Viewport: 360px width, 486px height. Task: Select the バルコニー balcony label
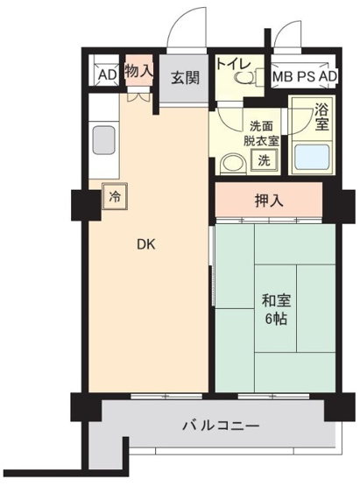pos(220,426)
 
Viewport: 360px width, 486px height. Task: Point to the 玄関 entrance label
pos(185,77)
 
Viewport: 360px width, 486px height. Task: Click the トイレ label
pos(234,64)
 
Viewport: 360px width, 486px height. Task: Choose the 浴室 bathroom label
pos(322,116)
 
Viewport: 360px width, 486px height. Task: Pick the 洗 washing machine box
pos(262,160)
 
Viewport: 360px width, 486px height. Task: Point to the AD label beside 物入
pos(107,75)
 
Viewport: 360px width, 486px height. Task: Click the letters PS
pos(306,76)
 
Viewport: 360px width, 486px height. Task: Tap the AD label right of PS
pos(328,76)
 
